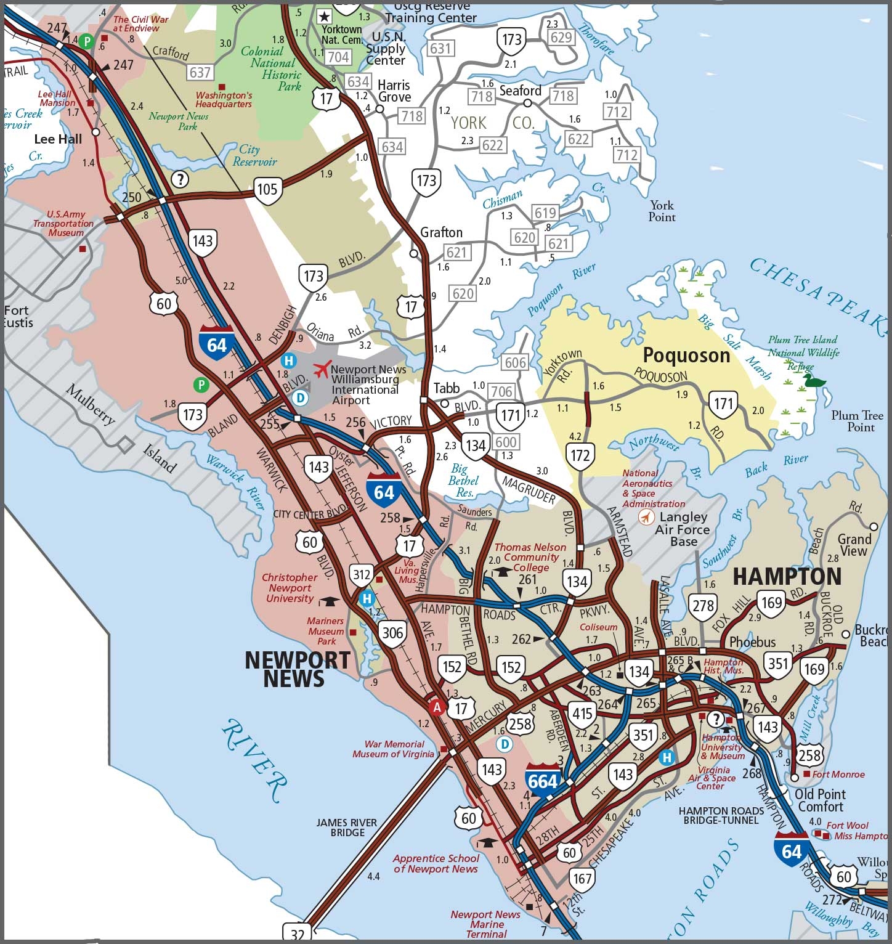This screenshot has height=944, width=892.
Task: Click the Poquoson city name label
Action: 686,356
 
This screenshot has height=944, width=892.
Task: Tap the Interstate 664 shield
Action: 543,779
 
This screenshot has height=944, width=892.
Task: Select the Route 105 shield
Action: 267,189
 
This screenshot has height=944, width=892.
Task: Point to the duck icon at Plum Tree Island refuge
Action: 814,381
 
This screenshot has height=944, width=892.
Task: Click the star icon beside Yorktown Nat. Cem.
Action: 324,17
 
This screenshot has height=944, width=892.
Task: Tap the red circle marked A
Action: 437,707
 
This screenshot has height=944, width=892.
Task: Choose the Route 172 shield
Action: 580,455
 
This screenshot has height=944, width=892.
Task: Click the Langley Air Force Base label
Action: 683,529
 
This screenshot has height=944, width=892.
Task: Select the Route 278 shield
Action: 703,606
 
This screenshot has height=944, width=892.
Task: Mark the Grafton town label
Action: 441,233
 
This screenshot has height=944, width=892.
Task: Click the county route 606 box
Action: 515,363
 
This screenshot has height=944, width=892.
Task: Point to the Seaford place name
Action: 520,91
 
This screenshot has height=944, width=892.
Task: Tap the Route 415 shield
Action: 582,714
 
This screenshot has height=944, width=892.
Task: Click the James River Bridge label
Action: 347,828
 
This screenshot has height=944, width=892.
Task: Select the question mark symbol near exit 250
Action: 179,179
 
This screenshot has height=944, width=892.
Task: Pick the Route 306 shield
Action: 392,633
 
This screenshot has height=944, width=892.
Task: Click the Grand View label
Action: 854,545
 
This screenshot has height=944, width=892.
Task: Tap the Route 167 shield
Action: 581,878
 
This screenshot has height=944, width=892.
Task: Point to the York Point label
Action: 662,211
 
